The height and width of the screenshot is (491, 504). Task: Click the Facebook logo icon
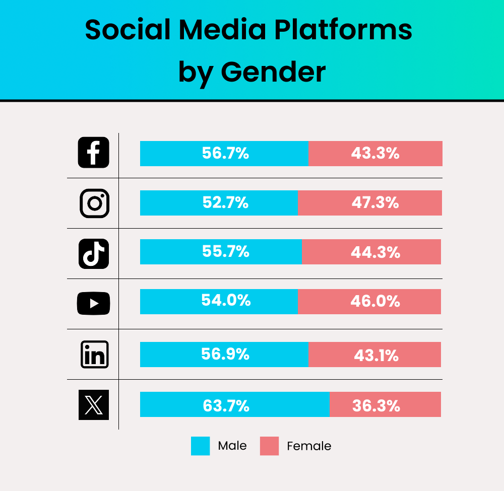(x=94, y=153)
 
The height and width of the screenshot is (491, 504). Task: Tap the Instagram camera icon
(x=94, y=203)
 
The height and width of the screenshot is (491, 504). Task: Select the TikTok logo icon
(x=94, y=253)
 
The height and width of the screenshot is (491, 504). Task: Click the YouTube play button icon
(x=93, y=303)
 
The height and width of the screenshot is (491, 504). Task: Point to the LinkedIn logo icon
(x=94, y=354)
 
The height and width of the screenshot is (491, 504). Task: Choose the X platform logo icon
(x=94, y=404)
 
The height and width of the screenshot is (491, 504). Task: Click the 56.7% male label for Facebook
(x=225, y=153)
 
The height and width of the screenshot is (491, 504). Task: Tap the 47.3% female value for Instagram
(x=375, y=203)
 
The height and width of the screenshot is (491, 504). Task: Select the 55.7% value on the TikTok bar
(x=225, y=251)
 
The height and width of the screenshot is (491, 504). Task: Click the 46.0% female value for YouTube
(x=375, y=301)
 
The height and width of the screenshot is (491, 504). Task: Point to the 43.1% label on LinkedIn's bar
(x=376, y=356)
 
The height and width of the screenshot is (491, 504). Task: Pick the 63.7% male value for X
(x=226, y=405)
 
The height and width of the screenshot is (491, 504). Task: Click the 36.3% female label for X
(x=376, y=405)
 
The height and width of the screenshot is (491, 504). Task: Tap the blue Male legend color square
(x=200, y=446)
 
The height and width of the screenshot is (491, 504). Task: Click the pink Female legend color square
(x=269, y=446)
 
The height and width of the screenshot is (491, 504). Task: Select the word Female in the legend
(x=309, y=446)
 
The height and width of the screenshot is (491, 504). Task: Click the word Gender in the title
(x=273, y=72)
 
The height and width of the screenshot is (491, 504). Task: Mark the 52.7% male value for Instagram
(x=225, y=202)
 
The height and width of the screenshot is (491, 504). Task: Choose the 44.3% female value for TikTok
(x=375, y=252)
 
